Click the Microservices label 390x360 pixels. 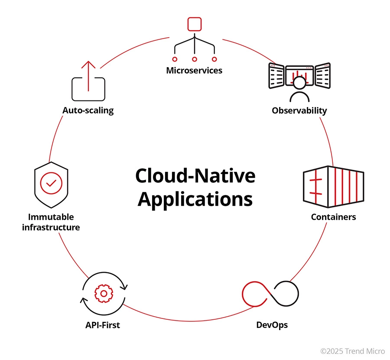tap(194, 71)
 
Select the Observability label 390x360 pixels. tap(299, 110)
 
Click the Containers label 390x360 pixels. tap(333, 217)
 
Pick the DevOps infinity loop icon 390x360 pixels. tap(270, 293)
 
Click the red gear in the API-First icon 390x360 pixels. tap(103, 293)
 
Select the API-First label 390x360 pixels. tap(103, 324)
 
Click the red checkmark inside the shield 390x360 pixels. tap(51, 184)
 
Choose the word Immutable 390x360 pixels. tap(51, 217)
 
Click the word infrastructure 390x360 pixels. tap(51, 227)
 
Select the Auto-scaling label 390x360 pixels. tap(88, 110)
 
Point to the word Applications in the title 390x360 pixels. tap(195, 200)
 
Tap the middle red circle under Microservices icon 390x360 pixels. tap(195, 58)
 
